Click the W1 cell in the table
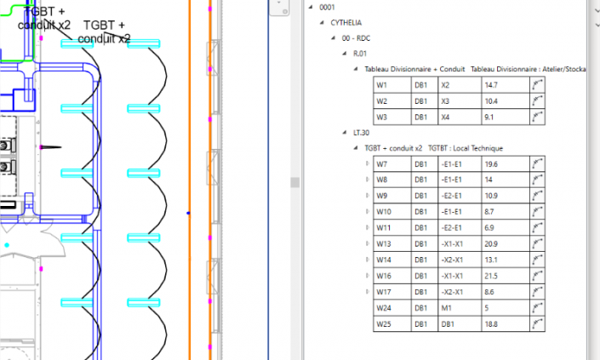(x=392, y=85)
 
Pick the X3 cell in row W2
(x=460, y=101)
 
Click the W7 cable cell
(x=392, y=164)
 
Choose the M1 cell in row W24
(x=460, y=308)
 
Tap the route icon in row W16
(x=537, y=276)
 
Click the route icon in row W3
(x=537, y=117)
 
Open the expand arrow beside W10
(x=368, y=211)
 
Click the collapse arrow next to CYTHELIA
(x=322, y=23)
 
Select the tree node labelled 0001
(x=327, y=8)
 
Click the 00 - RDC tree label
(x=356, y=38)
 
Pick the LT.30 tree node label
(x=361, y=133)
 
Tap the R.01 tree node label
(x=360, y=54)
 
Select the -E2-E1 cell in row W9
(x=460, y=196)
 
